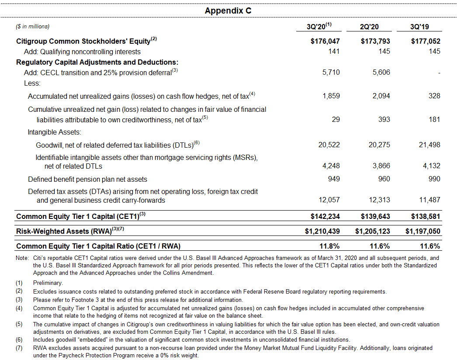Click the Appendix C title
pos(228,10)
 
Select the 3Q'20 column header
pos(319,27)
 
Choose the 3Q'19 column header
pos(419,27)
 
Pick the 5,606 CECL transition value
pos(381,72)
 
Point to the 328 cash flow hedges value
pos(434,96)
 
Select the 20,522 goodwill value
pos(329,145)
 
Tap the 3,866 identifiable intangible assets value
pos(381,166)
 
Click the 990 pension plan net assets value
pos(434,179)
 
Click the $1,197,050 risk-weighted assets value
pos(423,231)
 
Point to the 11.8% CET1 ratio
pos(330,246)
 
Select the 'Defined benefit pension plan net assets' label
pos(87,179)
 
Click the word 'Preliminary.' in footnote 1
pos(48,283)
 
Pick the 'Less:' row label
pos(32,83)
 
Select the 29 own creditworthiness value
pos(336,119)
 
